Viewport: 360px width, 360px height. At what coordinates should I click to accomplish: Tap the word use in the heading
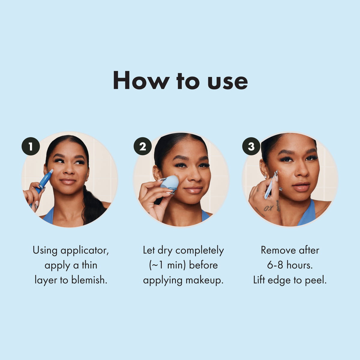click(228, 82)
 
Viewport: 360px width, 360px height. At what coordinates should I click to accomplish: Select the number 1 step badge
click(31, 146)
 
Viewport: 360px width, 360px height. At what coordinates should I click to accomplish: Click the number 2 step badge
click(142, 146)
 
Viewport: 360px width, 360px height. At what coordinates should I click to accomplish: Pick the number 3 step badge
click(251, 146)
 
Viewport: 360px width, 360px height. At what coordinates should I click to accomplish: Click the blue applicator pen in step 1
click(44, 181)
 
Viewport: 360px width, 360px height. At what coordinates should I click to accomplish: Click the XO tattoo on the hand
click(268, 208)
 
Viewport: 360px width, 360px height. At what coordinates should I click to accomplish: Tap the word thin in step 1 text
click(89, 265)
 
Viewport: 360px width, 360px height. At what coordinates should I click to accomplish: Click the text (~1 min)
click(167, 265)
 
